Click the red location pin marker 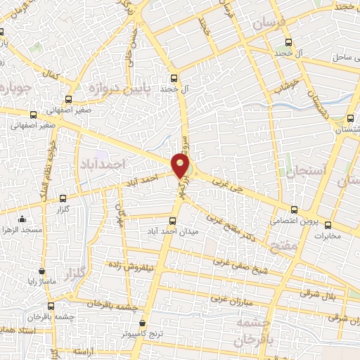pyautogui.click(x=181, y=167)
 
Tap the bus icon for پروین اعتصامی pyautogui.click(x=294, y=209)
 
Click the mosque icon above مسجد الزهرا pyautogui.click(x=22, y=219)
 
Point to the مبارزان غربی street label pyautogui.click(x=236, y=299)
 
